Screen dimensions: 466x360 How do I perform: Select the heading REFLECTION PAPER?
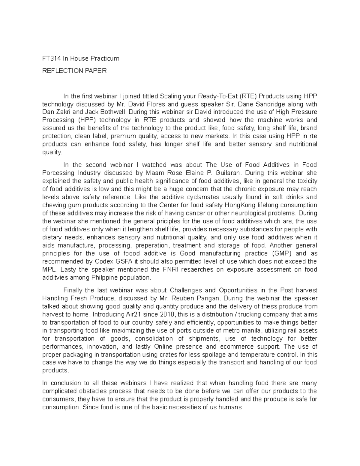pyautogui.click(x=74, y=71)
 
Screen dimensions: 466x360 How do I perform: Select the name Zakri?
pyautogui.click(x=62, y=112)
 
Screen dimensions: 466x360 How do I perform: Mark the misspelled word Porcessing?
pyautogui.click(x=58, y=173)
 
